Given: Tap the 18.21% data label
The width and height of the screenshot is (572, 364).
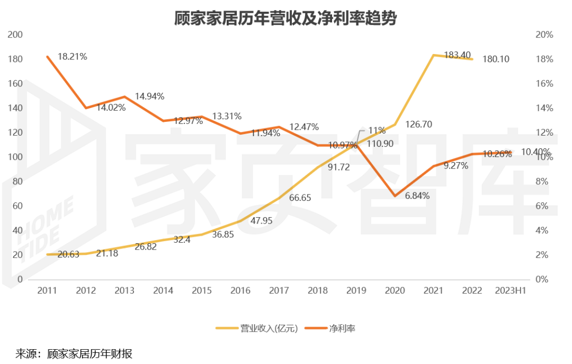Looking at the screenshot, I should [x=72, y=56].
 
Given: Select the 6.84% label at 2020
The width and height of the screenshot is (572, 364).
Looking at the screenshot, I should [x=417, y=196].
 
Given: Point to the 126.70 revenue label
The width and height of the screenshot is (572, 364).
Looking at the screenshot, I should [x=419, y=125].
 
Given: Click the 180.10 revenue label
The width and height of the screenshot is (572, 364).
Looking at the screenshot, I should [x=496, y=59].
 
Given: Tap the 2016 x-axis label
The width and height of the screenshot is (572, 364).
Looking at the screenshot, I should [x=240, y=290].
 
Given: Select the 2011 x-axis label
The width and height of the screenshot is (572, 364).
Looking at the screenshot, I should [x=47, y=290].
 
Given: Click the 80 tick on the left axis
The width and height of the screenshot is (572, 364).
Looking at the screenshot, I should [x=18, y=181].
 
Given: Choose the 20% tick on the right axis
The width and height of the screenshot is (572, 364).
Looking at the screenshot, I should [x=544, y=34].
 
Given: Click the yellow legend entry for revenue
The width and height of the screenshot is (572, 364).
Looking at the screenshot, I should [x=256, y=329].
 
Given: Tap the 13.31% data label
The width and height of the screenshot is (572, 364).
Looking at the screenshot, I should [x=227, y=116].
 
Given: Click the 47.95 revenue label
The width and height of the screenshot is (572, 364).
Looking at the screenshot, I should [x=261, y=221].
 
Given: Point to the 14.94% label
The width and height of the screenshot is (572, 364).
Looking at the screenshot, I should [x=149, y=96].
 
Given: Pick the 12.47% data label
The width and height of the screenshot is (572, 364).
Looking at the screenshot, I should [x=304, y=127].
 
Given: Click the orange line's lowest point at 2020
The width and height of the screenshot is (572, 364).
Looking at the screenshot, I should [x=395, y=196].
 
